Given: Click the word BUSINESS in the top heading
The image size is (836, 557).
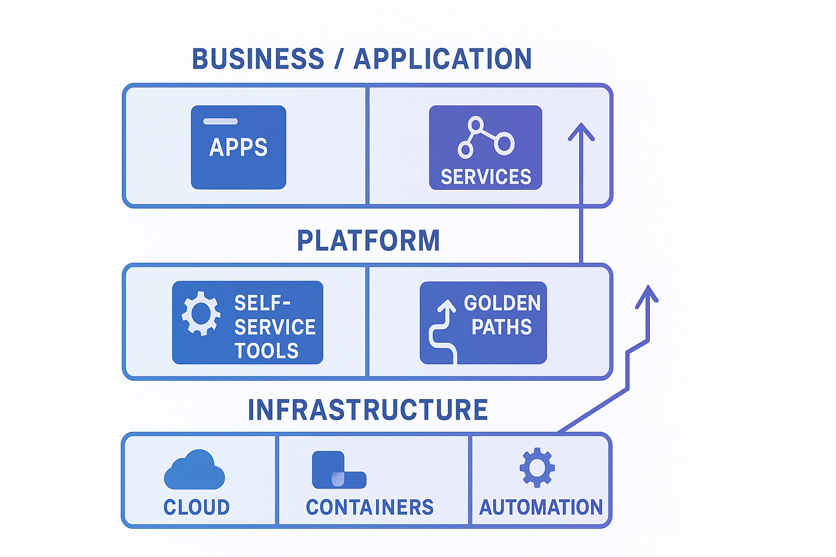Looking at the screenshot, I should click(258, 59).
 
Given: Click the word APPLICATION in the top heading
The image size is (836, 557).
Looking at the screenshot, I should click(442, 59).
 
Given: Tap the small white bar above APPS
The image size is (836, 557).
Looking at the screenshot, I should click(220, 121).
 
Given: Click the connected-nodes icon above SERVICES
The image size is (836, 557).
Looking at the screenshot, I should click(485, 138).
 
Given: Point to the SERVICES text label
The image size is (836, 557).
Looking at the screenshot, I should click(485, 177).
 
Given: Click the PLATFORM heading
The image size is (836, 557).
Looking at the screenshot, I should click(368, 240).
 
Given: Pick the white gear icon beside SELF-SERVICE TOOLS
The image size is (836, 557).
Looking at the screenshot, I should click(201, 313).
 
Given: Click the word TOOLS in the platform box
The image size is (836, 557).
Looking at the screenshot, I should click(267, 351).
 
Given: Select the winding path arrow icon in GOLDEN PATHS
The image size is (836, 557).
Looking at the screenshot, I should click(444, 331).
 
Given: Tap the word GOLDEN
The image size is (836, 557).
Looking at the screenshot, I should click(502, 303).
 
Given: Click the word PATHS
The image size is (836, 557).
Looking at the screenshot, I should click(501, 327).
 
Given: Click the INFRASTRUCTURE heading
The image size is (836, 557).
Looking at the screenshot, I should click(368, 410).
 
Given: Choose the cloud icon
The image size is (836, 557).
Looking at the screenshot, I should click(194, 471).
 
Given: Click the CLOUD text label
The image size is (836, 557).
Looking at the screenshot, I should click(196, 507).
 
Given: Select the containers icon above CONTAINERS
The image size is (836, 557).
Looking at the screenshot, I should click(339, 471).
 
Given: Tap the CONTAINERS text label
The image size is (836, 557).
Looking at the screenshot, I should click(370, 507).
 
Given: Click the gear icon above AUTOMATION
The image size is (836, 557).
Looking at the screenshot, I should click(537, 467).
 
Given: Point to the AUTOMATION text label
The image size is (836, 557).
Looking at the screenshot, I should click(540, 507).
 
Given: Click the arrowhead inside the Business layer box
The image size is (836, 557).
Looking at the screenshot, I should click(581, 132).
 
